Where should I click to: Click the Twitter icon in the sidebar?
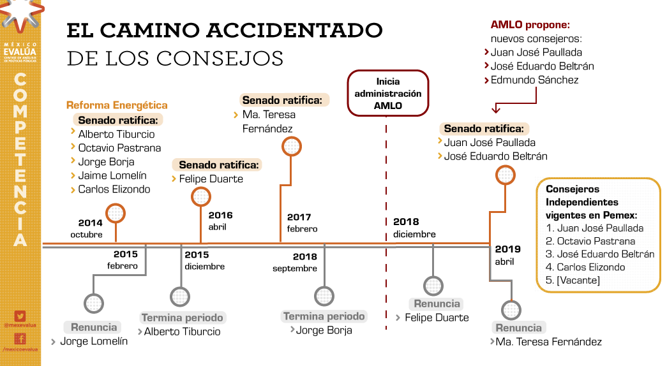(x=20, y=316)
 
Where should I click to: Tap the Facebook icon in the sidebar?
(x=20, y=339)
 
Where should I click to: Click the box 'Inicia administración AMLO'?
(x=388, y=93)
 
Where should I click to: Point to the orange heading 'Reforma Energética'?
(x=117, y=105)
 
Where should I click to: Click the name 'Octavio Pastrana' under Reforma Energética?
(x=119, y=148)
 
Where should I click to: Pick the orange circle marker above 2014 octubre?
(x=116, y=213)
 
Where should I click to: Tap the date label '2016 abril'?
(x=221, y=221)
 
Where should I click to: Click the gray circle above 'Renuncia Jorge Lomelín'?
(x=94, y=302)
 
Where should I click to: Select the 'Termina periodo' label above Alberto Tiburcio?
(x=183, y=318)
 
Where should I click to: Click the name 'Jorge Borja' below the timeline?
(x=324, y=330)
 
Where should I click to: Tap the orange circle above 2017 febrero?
(x=292, y=147)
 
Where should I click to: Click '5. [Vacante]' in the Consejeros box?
(x=573, y=280)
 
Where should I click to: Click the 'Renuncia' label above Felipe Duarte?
(x=437, y=304)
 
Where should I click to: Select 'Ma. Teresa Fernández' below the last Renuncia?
(x=549, y=342)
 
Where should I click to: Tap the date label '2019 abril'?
(x=508, y=255)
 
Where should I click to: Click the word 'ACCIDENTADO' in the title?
(x=294, y=30)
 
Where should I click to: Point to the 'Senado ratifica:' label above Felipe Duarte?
(x=220, y=165)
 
